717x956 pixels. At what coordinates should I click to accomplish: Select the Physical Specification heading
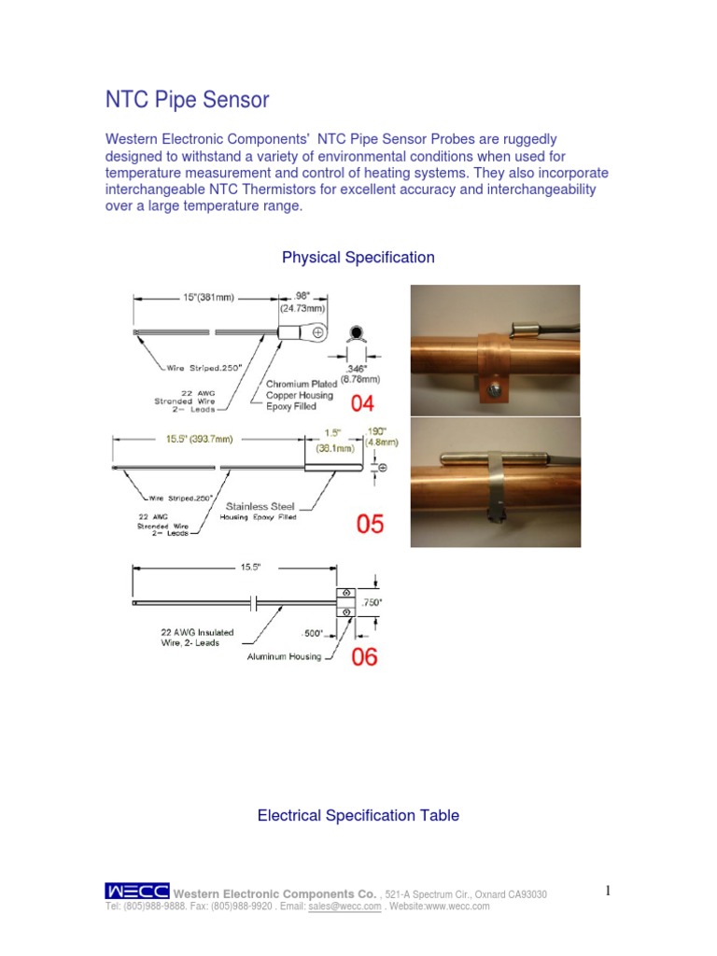358,257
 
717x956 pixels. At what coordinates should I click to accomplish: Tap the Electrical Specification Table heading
358,815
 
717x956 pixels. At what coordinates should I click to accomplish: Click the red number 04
365,403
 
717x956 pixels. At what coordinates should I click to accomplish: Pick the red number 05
370,524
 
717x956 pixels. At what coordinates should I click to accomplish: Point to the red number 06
364,657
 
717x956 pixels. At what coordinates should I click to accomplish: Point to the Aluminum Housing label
284,656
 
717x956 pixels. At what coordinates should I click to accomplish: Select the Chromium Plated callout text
303,384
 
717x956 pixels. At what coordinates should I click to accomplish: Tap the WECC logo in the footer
137,893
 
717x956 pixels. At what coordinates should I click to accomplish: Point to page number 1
608,892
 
